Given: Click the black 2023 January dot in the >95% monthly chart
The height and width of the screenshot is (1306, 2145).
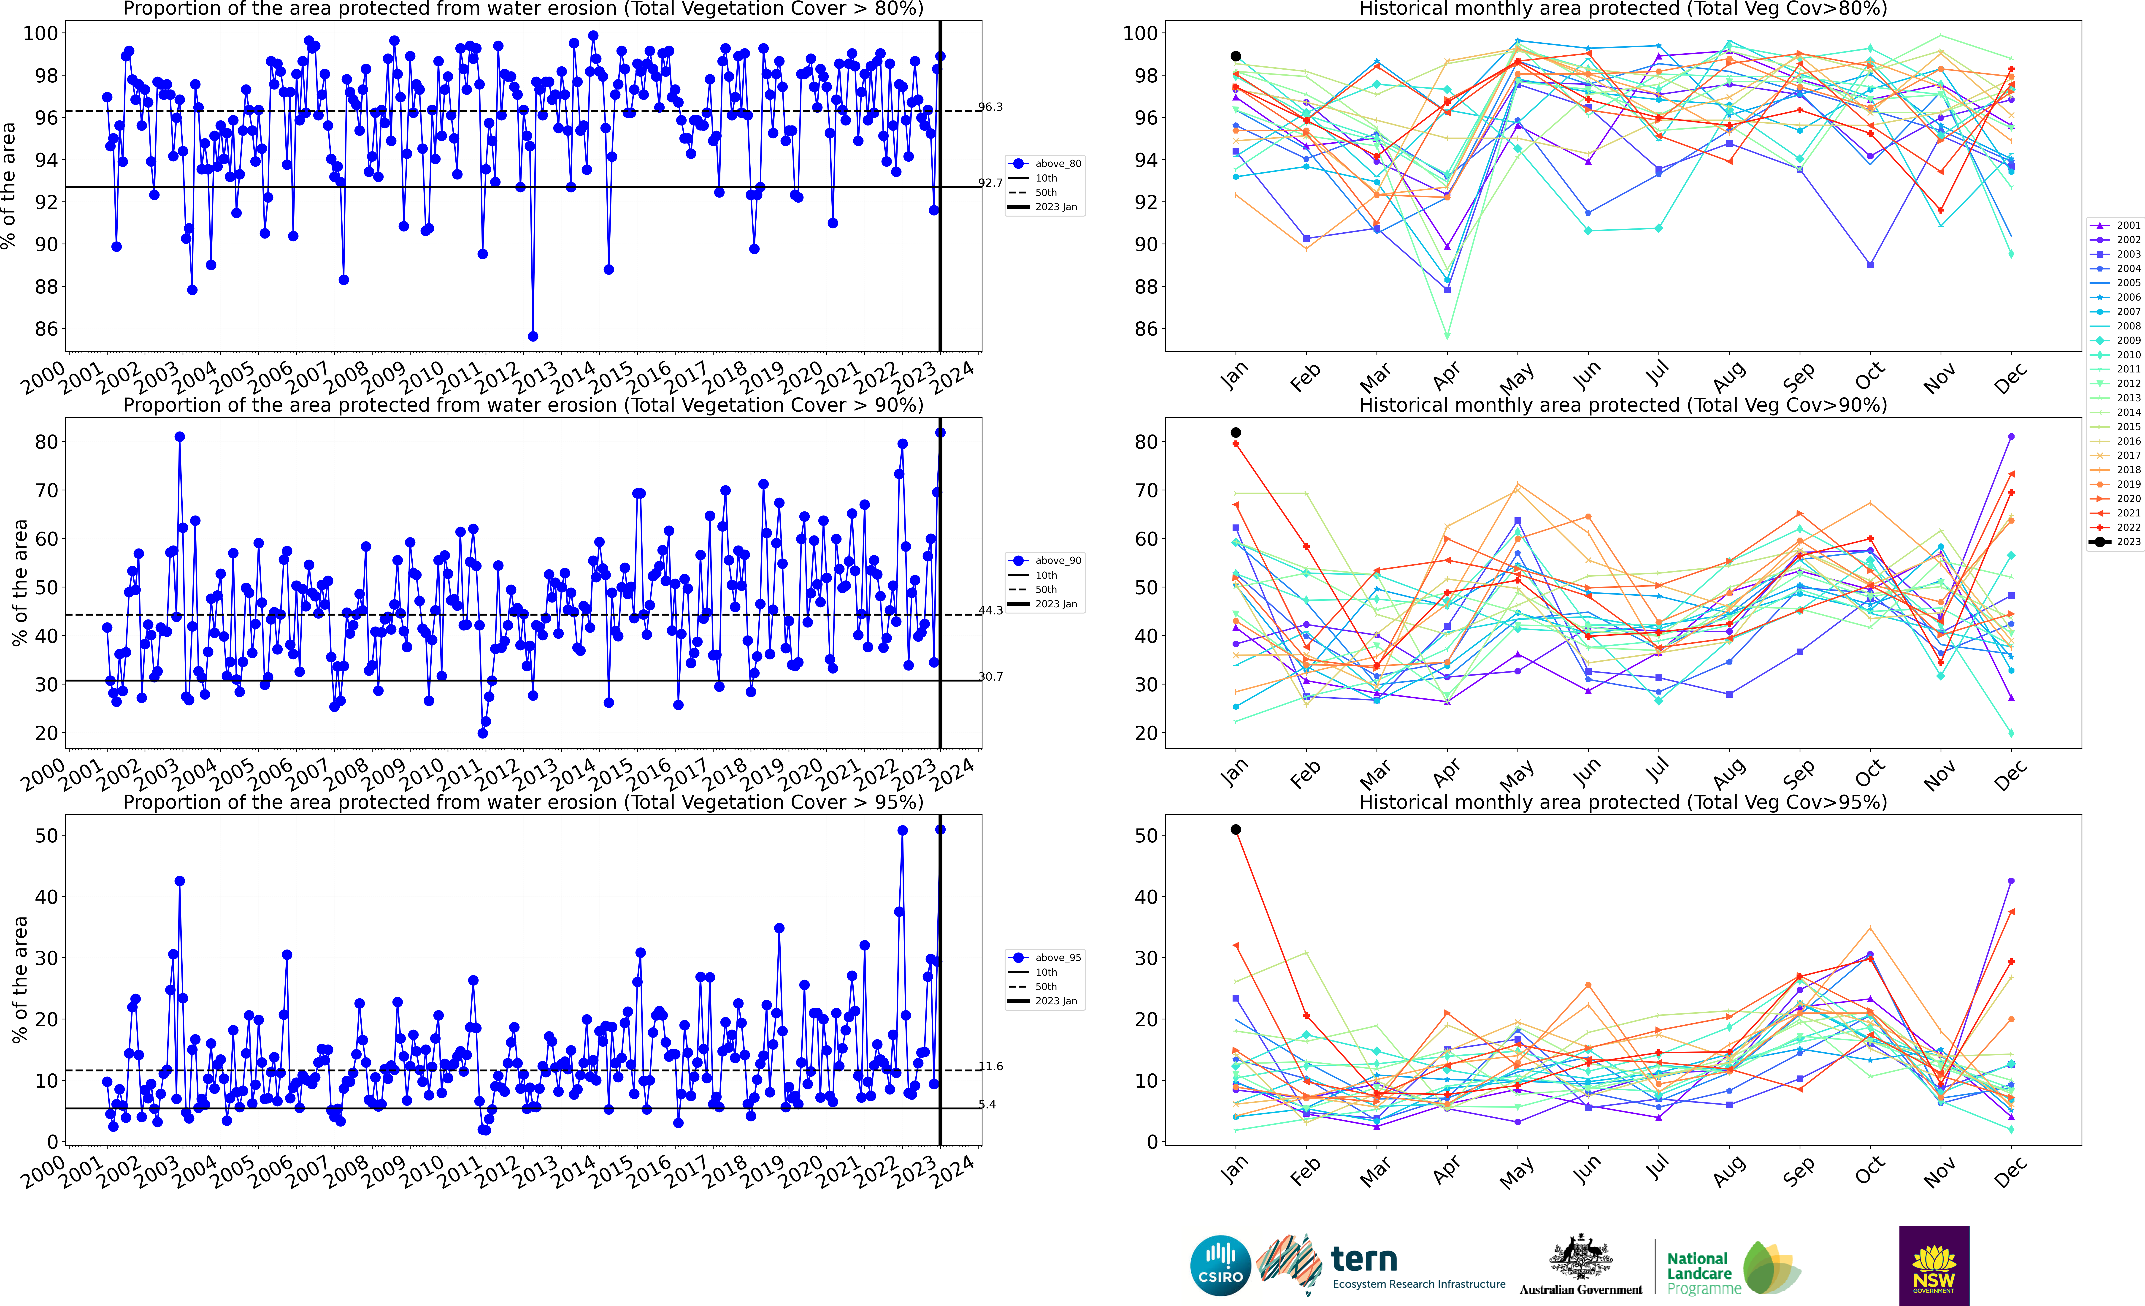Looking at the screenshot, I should point(1235,830).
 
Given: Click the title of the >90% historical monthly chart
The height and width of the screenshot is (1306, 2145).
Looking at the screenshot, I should point(1623,405).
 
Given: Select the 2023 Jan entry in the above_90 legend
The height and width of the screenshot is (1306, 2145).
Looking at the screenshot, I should point(1055,604).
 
